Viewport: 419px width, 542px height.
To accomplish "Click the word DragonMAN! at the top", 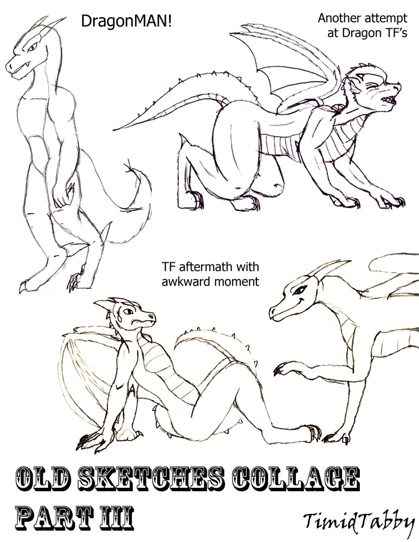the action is point(126,22).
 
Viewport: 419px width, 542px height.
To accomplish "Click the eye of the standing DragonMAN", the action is point(33,46).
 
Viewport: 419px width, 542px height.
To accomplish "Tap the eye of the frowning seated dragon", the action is point(128,311).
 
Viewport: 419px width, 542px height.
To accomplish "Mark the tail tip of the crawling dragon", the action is point(114,130).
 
